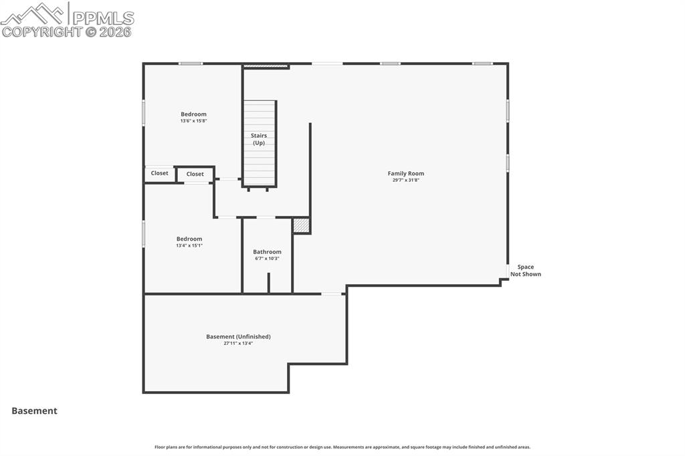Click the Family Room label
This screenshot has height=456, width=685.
click(405, 174)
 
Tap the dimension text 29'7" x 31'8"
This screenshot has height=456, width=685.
click(405, 181)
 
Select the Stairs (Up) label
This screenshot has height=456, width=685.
click(259, 139)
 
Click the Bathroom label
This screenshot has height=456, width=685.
click(267, 252)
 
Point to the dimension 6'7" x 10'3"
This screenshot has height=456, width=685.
click(267, 259)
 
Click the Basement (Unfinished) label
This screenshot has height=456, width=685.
click(238, 336)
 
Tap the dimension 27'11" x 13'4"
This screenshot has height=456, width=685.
click(238, 343)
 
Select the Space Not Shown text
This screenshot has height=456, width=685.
click(526, 271)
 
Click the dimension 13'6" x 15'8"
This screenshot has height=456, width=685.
click(193, 121)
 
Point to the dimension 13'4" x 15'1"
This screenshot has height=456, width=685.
click(189, 245)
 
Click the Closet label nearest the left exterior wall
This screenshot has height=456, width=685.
click(160, 173)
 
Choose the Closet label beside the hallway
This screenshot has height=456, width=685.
click(195, 174)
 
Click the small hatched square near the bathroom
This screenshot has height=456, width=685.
click(302, 226)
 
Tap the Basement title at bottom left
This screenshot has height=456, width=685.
click(34, 411)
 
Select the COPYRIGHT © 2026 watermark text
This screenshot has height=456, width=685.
click(67, 31)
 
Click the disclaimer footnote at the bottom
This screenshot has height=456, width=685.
click(342, 447)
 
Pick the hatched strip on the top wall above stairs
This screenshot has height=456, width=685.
click(266, 66)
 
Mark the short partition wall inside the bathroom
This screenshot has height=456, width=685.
click(268, 282)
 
